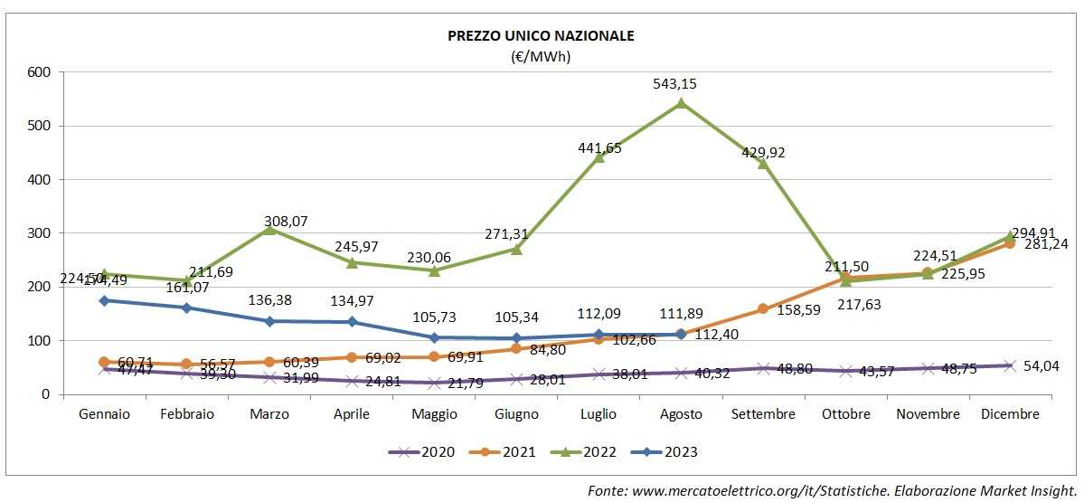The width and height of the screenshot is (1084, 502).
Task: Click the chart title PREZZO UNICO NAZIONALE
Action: tap(541, 36)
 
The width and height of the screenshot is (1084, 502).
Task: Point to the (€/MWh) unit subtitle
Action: tap(541, 56)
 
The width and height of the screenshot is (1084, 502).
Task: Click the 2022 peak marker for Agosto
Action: tap(681, 103)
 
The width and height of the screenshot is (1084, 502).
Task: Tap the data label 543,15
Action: tap(675, 84)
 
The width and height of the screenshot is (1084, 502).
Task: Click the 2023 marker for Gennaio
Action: tap(104, 300)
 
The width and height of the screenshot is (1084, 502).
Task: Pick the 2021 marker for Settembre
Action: tap(763, 309)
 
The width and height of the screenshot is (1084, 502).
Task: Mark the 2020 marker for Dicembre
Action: tap(1009, 365)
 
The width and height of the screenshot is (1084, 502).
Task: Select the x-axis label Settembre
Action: tap(763, 414)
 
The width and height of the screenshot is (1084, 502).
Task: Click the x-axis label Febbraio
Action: tap(186, 414)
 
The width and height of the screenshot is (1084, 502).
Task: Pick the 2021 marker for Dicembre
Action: tap(1009, 243)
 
